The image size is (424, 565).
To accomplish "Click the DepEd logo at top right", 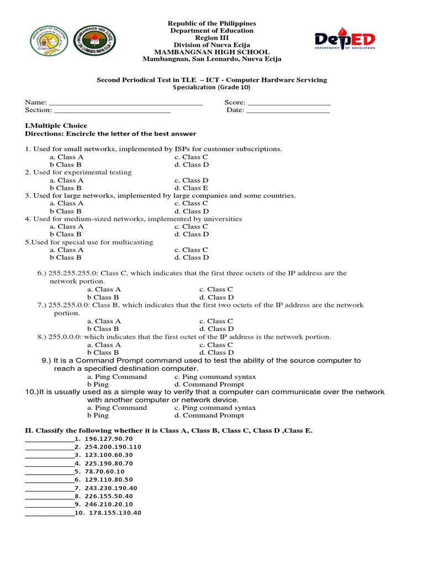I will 345,40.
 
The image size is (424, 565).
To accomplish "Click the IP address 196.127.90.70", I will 109,439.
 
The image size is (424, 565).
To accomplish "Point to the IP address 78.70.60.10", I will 105,472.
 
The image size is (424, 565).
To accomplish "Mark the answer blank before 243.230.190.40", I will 49,488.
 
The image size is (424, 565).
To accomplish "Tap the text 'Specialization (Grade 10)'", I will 211,88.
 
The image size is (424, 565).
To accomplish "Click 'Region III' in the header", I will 211,38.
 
